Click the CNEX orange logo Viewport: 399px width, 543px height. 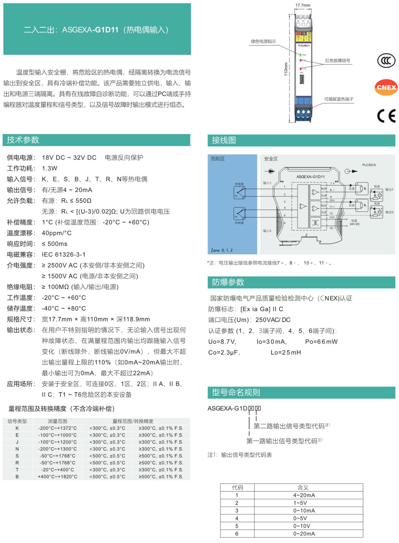tap(386, 87)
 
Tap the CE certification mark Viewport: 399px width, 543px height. tap(386, 116)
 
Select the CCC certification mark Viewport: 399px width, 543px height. tap(386, 60)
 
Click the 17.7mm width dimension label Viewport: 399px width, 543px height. tap(303, 5)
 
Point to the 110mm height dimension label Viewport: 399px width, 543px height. tap(286, 69)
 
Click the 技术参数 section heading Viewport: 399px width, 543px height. tap(23, 140)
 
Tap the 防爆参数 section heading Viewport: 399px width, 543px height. tap(228, 282)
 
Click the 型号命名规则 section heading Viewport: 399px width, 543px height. tap(236, 392)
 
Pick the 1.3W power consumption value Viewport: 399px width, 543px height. tap(49, 168)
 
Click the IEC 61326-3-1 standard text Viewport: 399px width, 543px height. tap(64, 255)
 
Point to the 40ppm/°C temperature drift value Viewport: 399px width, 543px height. tap(57, 233)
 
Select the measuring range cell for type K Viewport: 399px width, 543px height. tap(58, 428)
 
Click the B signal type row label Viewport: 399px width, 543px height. tap(17, 477)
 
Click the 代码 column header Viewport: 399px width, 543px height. tap(237, 488)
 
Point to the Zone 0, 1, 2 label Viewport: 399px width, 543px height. tap(222, 250)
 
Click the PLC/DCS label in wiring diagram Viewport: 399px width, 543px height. tap(369, 165)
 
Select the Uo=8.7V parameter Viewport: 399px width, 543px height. tap(222, 342)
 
